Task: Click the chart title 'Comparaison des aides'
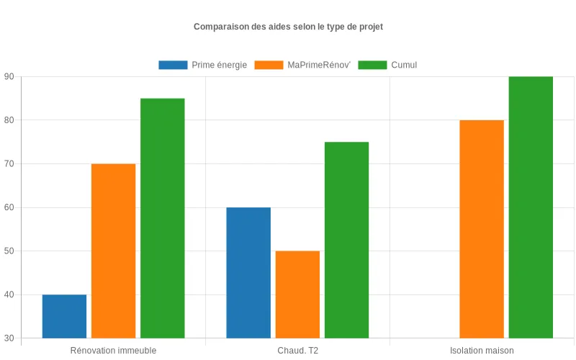(x=288, y=27)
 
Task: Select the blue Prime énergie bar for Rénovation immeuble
(x=64, y=316)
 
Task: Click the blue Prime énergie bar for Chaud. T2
(x=248, y=273)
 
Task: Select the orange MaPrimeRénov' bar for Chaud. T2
(x=297, y=294)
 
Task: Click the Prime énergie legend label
(x=219, y=65)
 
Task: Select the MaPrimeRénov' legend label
(x=318, y=65)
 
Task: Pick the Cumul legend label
(x=404, y=65)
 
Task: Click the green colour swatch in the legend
(x=372, y=65)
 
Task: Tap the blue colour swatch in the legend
(x=173, y=65)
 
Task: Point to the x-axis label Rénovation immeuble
(x=113, y=351)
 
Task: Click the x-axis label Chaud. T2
(x=297, y=351)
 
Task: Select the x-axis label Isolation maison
(x=482, y=351)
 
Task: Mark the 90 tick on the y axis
(x=9, y=76)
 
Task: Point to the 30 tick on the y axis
(x=9, y=338)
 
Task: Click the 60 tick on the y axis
(x=9, y=207)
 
